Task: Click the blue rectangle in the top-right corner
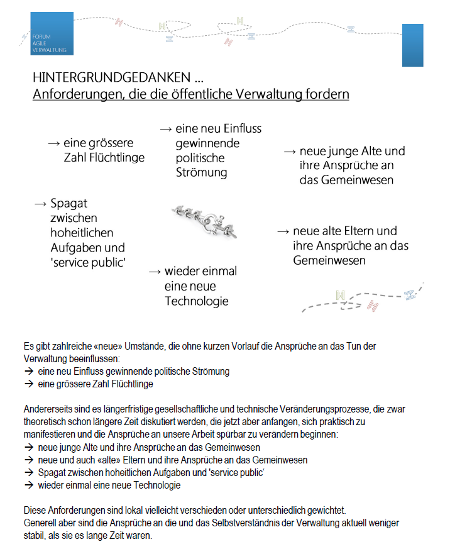coord(413,45)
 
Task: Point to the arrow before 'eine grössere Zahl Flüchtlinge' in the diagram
coord(53,143)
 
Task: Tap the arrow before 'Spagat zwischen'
coord(40,204)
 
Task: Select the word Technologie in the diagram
coord(197,301)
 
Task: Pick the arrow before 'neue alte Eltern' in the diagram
coord(283,231)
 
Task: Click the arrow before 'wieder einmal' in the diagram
coord(155,272)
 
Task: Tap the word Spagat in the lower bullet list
coord(52,473)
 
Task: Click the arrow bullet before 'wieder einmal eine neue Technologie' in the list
coord(28,485)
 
